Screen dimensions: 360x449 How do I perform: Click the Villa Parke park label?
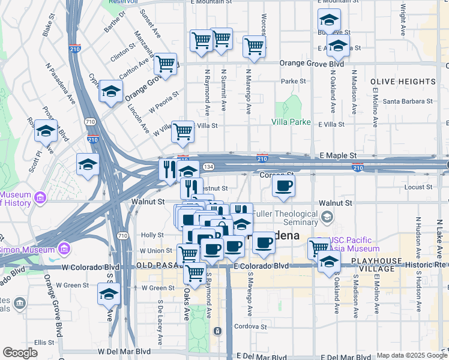click(291, 122)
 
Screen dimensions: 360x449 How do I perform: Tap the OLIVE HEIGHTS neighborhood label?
click(403, 81)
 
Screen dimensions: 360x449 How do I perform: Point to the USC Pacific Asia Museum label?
click(353, 244)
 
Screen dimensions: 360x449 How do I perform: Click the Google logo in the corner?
click(20, 353)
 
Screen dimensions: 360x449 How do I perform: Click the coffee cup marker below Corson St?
click(284, 186)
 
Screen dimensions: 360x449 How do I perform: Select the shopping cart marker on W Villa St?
click(182, 131)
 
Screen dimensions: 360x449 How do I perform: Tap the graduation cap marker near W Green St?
click(109, 295)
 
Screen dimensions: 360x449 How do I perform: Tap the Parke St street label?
click(294, 81)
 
